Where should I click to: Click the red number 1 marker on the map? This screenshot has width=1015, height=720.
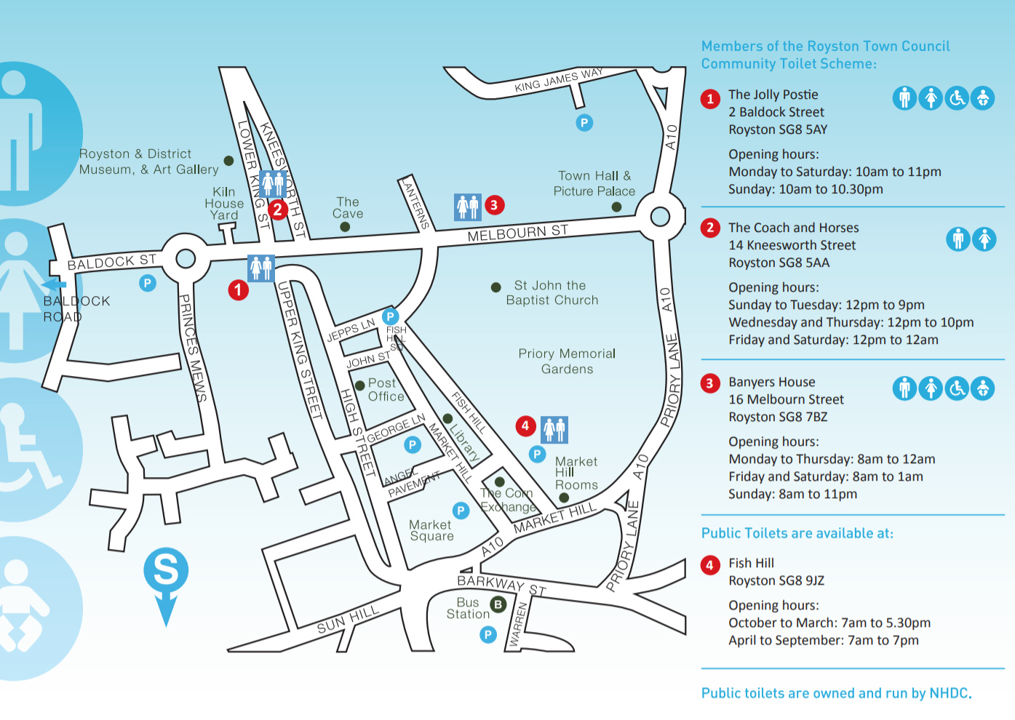pyautogui.click(x=238, y=290)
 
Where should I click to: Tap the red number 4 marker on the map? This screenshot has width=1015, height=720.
pyautogui.click(x=525, y=426)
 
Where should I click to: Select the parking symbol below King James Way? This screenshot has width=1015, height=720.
pyautogui.click(x=584, y=123)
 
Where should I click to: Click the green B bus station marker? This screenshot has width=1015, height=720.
pyautogui.click(x=498, y=604)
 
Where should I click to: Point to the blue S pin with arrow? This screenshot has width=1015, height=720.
pyautogui.click(x=166, y=575)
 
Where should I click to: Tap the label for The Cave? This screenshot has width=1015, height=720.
pyautogui.click(x=348, y=208)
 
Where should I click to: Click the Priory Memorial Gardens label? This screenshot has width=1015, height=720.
pyautogui.click(x=567, y=361)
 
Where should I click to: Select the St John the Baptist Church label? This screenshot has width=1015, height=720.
pyautogui.click(x=552, y=292)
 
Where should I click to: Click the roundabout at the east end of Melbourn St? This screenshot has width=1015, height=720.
pyautogui.click(x=660, y=216)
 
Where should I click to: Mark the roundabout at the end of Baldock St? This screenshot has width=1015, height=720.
pyautogui.click(x=186, y=258)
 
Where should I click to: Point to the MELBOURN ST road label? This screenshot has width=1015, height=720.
pyautogui.click(x=517, y=233)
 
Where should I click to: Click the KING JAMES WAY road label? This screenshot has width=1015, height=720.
pyautogui.click(x=558, y=81)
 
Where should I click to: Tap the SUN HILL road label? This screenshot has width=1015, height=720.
pyautogui.click(x=348, y=619)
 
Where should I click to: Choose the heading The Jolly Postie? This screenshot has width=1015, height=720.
pyautogui.click(x=773, y=95)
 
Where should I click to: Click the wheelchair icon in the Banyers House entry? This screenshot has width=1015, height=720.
pyautogui.click(x=957, y=389)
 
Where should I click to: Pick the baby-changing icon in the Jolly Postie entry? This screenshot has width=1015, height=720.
pyautogui.click(x=983, y=97)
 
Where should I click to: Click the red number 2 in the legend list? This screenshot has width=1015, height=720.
pyautogui.click(x=710, y=228)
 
